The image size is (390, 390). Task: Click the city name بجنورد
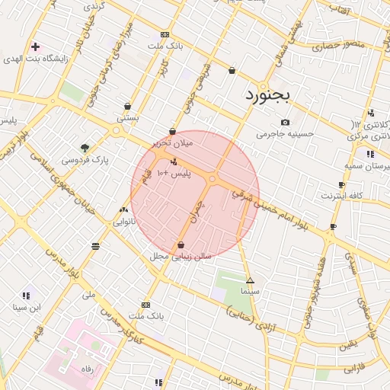pos(269,96)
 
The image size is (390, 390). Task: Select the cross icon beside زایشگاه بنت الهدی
pos(35,46)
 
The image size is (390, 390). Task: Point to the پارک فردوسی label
pos(85,160)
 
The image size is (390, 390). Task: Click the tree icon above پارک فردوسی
pos(85,148)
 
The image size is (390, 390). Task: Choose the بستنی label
pos(127,119)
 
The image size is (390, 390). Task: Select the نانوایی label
pos(124,222)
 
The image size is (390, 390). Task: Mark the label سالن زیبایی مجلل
pos(180,257)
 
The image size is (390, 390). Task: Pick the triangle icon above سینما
pos(250,280)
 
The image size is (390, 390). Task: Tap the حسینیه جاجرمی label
pos(285,134)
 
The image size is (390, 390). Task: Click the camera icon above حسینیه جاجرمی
pos(285,123)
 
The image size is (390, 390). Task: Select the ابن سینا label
pos(26,308)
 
